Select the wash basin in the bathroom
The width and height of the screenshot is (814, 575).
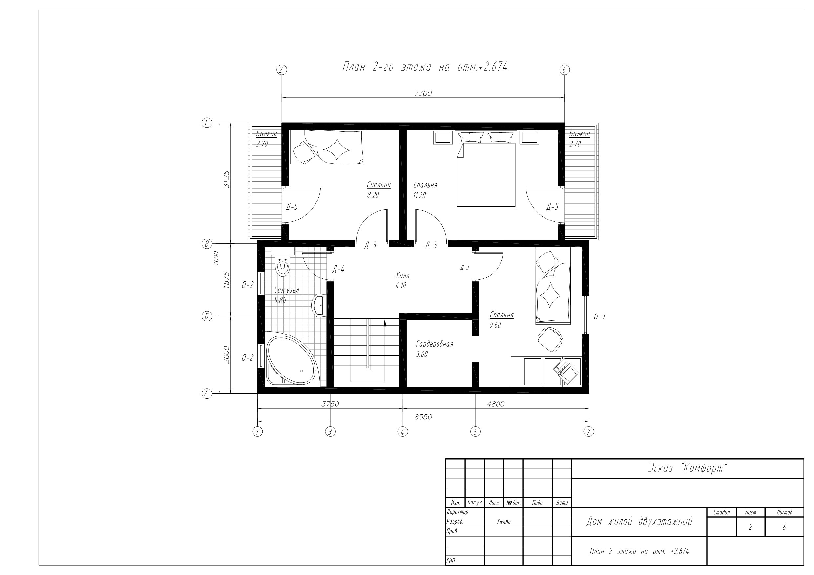[x=319, y=305]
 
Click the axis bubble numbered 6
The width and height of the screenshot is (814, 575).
[x=564, y=70]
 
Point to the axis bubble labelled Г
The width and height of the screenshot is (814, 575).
[x=207, y=123]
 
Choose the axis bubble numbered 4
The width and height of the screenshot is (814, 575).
[x=402, y=431]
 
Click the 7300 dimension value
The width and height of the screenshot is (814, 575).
[x=423, y=93]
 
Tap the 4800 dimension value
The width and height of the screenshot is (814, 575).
[x=496, y=404]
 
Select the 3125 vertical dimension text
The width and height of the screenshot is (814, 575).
[x=227, y=180]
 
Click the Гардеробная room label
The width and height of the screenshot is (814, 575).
[x=434, y=344]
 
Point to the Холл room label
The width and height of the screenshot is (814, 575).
[x=402, y=275]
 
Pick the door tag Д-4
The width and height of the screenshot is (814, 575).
[x=338, y=269]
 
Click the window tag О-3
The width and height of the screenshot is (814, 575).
[x=600, y=316]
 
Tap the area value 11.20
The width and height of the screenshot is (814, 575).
[x=419, y=195]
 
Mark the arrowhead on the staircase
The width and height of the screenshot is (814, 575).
[x=385, y=322]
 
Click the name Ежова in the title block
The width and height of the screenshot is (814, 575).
[x=503, y=522]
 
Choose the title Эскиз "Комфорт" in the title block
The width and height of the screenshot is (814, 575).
[x=688, y=469]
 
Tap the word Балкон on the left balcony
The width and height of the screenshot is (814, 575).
[x=267, y=134]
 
